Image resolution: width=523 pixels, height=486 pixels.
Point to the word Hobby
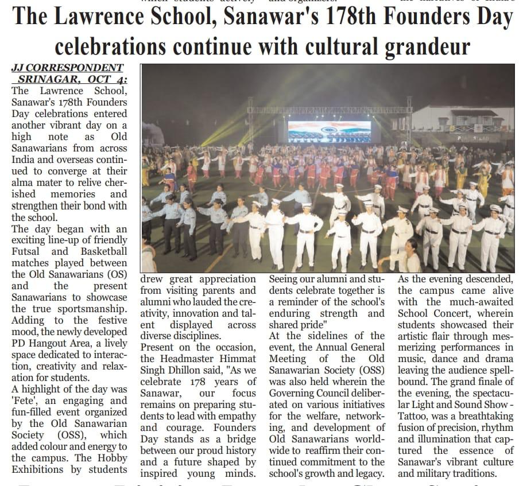(x=112, y=458)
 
